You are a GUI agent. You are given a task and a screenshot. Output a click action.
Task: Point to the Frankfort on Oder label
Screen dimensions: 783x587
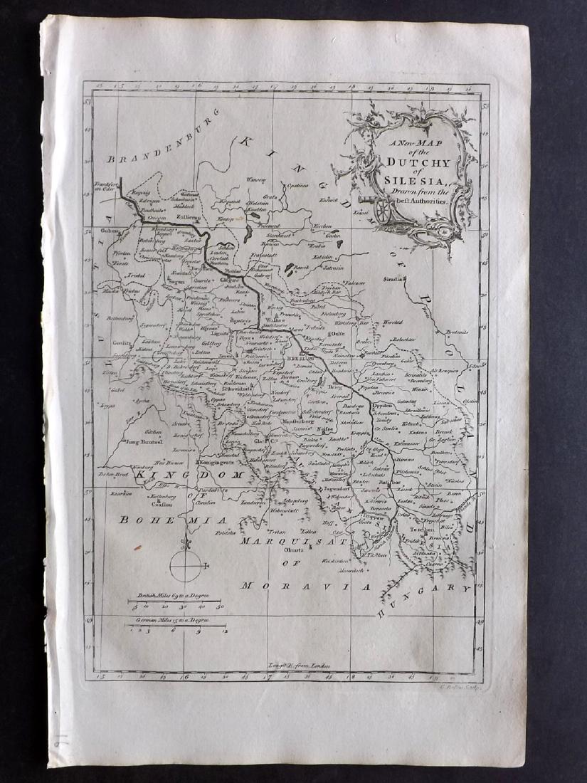106,190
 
